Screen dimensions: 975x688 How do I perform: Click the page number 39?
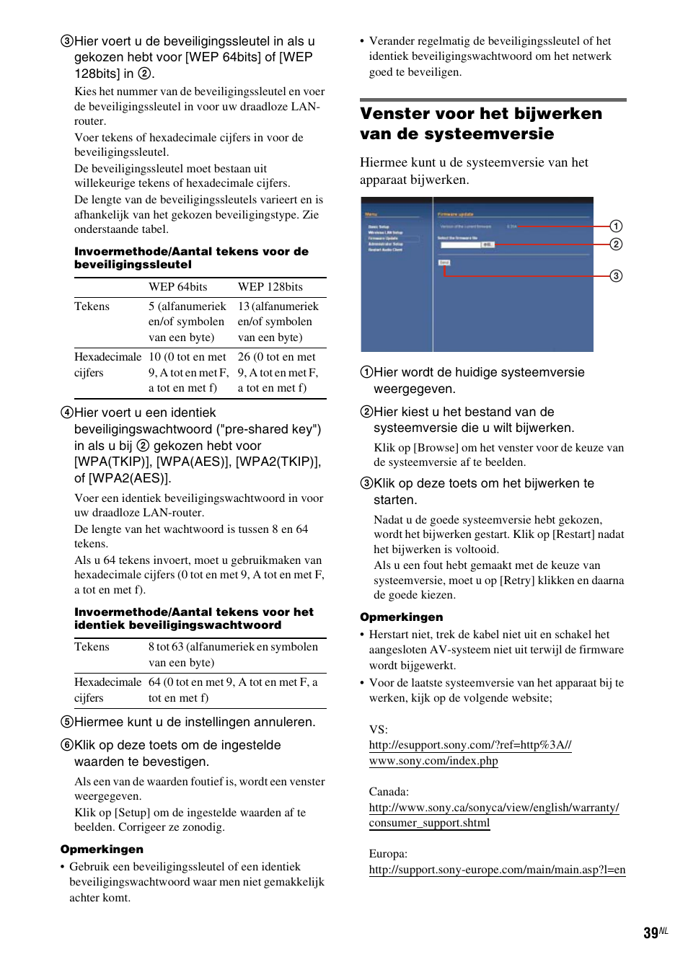(x=650, y=933)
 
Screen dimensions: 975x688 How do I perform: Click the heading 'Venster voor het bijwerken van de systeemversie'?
(x=480, y=123)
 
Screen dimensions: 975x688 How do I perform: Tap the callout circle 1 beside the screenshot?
(x=616, y=226)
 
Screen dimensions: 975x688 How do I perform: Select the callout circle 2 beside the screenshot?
(x=616, y=244)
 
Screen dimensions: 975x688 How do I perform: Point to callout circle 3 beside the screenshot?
(x=616, y=276)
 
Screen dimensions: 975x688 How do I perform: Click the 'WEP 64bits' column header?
(x=177, y=287)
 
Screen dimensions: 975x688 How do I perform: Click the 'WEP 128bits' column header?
(x=270, y=287)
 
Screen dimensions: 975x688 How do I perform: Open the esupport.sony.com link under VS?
(x=469, y=753)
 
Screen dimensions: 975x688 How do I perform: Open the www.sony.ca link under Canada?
(x=493, y=815)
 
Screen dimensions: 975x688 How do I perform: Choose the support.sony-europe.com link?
(x=497, y=870)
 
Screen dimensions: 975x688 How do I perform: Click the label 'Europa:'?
(x=388, y=854)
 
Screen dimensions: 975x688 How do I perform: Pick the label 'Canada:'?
(x=389, y=792)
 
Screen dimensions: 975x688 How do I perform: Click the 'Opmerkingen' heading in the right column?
(x=401, y=617)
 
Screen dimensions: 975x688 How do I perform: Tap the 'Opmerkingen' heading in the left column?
(x=102, y=850)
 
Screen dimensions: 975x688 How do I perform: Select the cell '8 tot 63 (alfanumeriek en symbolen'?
(x=233, y=647)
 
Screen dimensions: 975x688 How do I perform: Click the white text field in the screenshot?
(x=459, y=245)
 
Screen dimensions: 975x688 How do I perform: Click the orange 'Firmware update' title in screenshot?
(x=455, y=214)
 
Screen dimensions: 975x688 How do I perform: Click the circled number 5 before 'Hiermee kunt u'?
(x=67, y=722)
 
